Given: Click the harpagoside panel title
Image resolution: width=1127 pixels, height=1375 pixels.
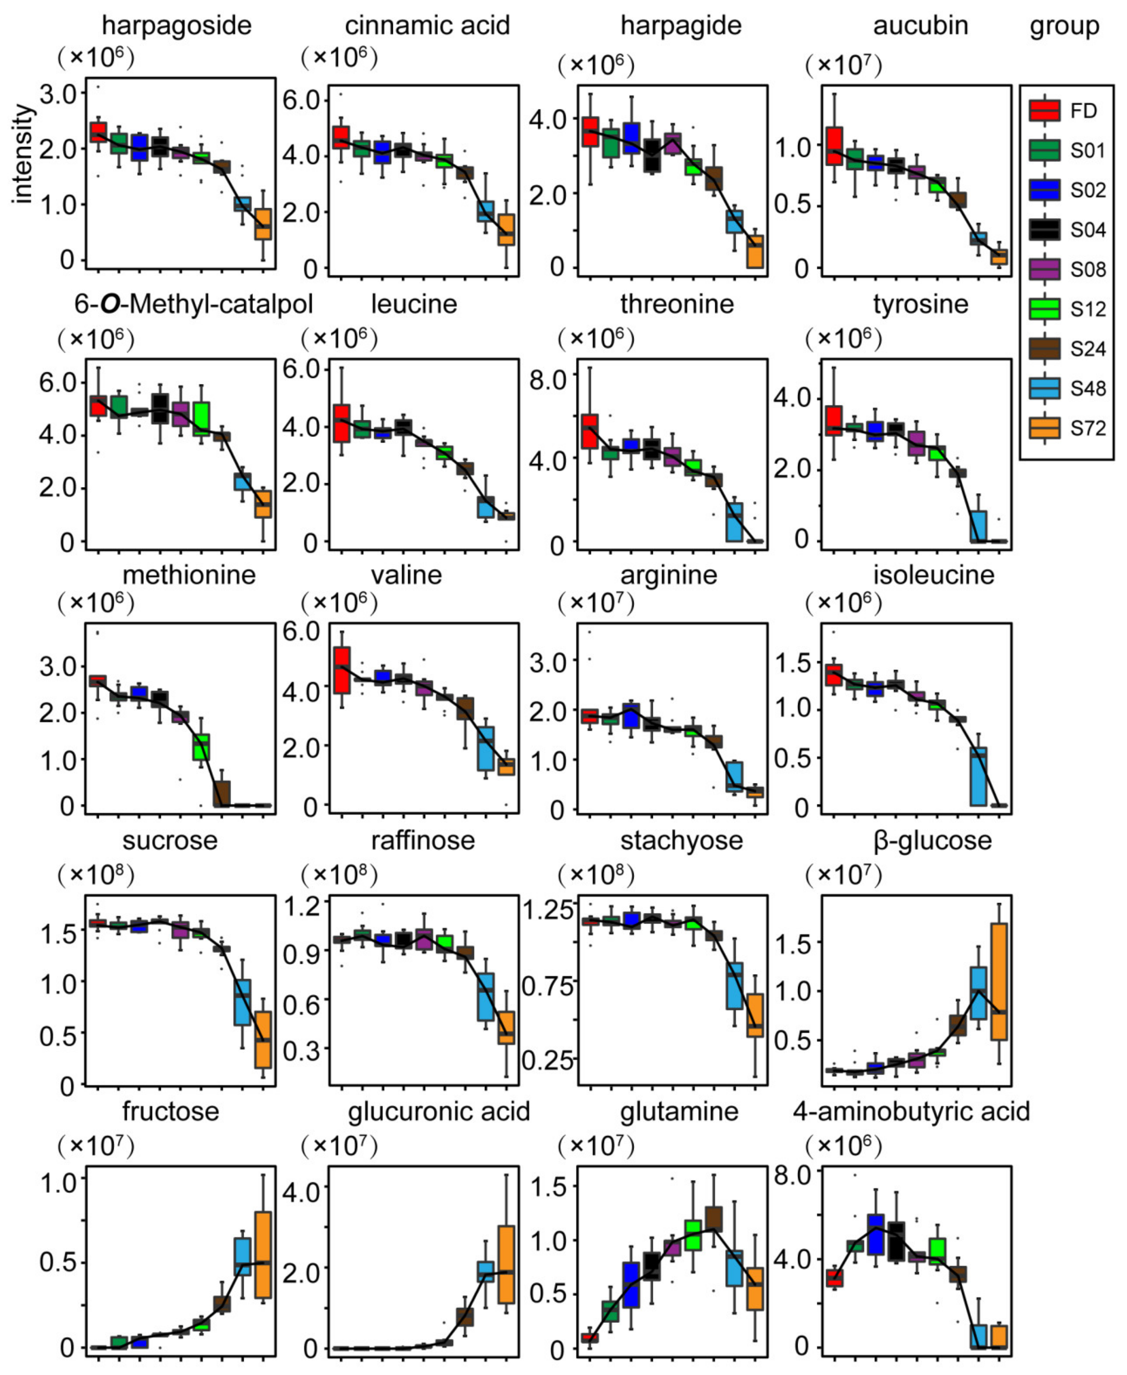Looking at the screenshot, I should tap(177, 26).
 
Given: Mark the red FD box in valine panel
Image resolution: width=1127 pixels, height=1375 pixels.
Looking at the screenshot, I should tap(342, 670).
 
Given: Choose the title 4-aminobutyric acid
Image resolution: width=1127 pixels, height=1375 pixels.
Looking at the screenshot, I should tap(911, 1112).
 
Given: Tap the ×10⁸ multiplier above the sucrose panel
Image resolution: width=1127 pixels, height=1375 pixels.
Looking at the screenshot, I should tap(96, 875).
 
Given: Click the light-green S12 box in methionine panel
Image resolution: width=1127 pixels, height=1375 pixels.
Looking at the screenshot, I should tap(201, 747).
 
